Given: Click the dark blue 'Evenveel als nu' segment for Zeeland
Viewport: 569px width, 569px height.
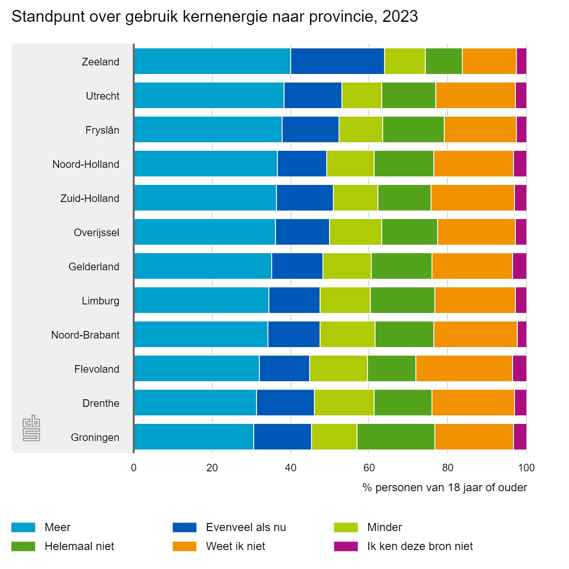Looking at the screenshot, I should click(x=338, y=61).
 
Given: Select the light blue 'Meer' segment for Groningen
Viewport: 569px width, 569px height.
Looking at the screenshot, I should click(x=194, y=437).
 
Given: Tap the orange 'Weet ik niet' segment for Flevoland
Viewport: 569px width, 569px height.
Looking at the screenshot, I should click(x=464, y=368).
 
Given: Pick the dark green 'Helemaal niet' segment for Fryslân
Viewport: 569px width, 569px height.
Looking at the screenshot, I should click(x=413, y=129).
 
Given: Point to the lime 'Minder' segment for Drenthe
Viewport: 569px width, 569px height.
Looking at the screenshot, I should click(x=344, y=403).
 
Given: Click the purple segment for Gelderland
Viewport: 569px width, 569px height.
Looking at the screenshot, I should click(x=519, y=266).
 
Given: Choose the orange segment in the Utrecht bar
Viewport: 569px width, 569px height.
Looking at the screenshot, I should click(x=475, y=95).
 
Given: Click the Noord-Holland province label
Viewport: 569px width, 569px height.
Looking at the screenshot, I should click(x=86, y=164).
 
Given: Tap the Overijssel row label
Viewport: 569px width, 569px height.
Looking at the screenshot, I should click(x=96, y=232).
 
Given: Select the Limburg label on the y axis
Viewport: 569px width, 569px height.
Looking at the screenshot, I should click(x=101, y=301).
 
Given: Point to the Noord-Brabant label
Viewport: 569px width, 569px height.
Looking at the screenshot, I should click(x=85, y=335).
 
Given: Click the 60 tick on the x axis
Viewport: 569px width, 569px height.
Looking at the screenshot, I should click(x=369, y=468).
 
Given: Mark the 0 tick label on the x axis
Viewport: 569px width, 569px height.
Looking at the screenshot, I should click(x=134, y=468).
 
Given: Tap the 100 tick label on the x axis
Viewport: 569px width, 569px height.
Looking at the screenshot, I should click(x=526, y=468).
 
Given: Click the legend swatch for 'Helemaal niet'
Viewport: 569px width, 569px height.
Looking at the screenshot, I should click(x=23, y=546).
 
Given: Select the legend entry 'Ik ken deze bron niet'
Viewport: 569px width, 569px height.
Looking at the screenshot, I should click(x=420, y=546).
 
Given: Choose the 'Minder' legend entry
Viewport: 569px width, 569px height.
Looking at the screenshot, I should click(x=384, y=527).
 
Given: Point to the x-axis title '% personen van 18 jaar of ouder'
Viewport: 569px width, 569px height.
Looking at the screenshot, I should click(x=444, y=487).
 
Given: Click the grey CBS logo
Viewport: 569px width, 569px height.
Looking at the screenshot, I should click(x=32, y=428).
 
